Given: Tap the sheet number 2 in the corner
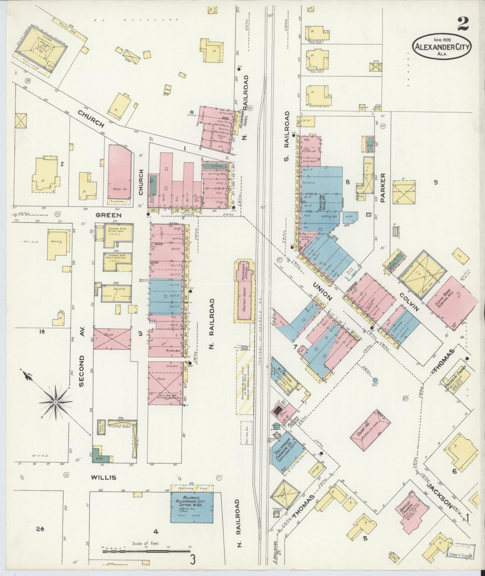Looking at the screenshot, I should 463,23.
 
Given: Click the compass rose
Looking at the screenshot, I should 56,402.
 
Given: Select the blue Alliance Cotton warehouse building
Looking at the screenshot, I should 192,508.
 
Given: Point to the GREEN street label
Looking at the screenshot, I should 108,215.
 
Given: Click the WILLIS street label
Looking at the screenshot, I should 103,478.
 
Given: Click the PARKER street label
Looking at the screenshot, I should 383,188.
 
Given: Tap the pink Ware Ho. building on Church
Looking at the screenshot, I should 119,172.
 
